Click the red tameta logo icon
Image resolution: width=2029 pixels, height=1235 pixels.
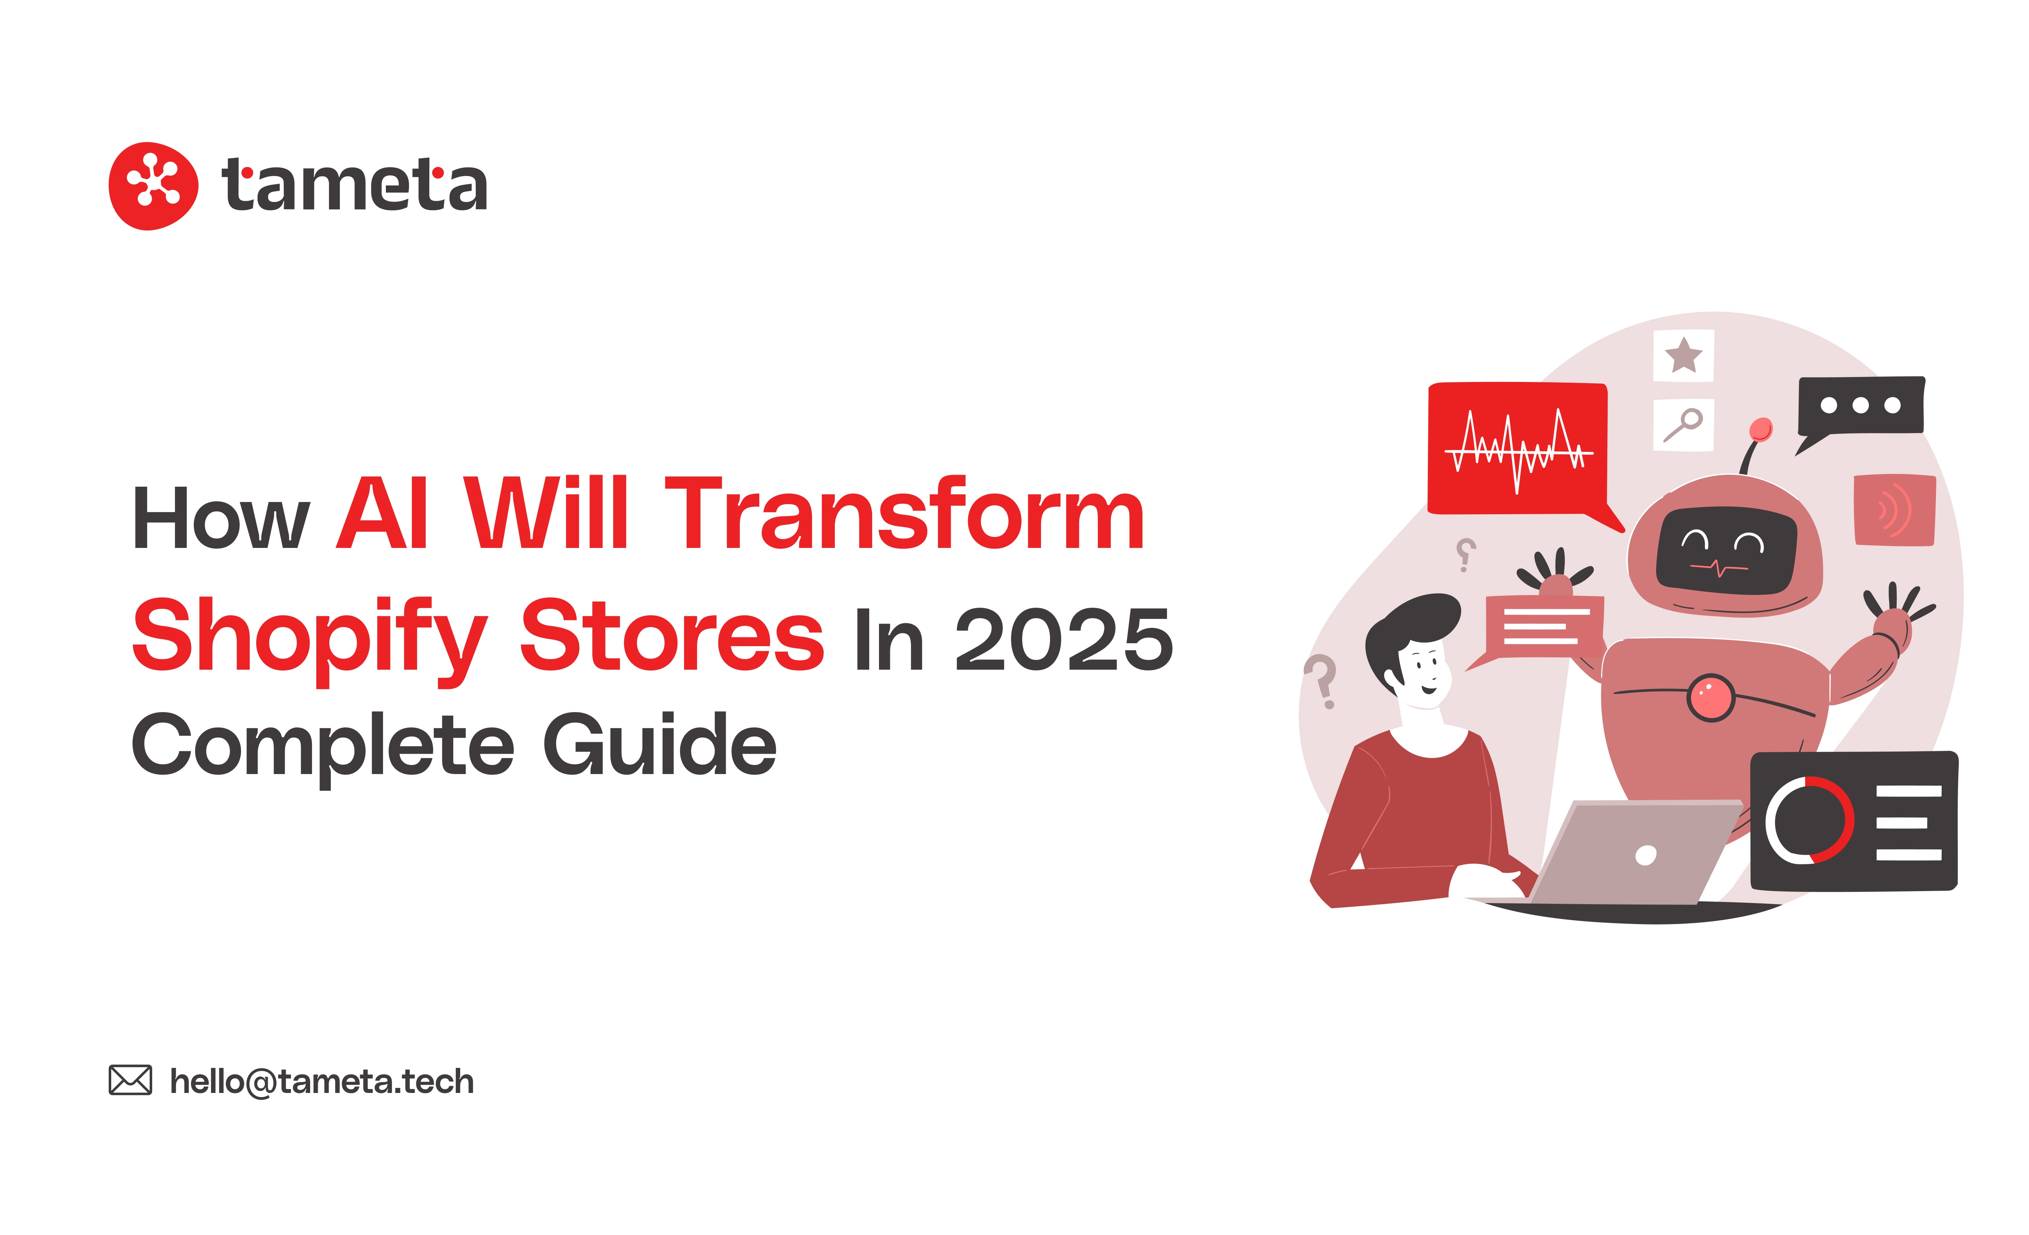coord(153,186)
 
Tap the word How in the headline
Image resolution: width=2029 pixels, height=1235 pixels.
coord(221,519)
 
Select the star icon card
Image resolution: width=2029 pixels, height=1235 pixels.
coord(1683,356)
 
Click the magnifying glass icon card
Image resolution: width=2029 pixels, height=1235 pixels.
coord(1683,425)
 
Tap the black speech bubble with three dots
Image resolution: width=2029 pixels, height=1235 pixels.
coord(1860,410)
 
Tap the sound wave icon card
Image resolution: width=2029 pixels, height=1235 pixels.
coord(1894,510)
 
